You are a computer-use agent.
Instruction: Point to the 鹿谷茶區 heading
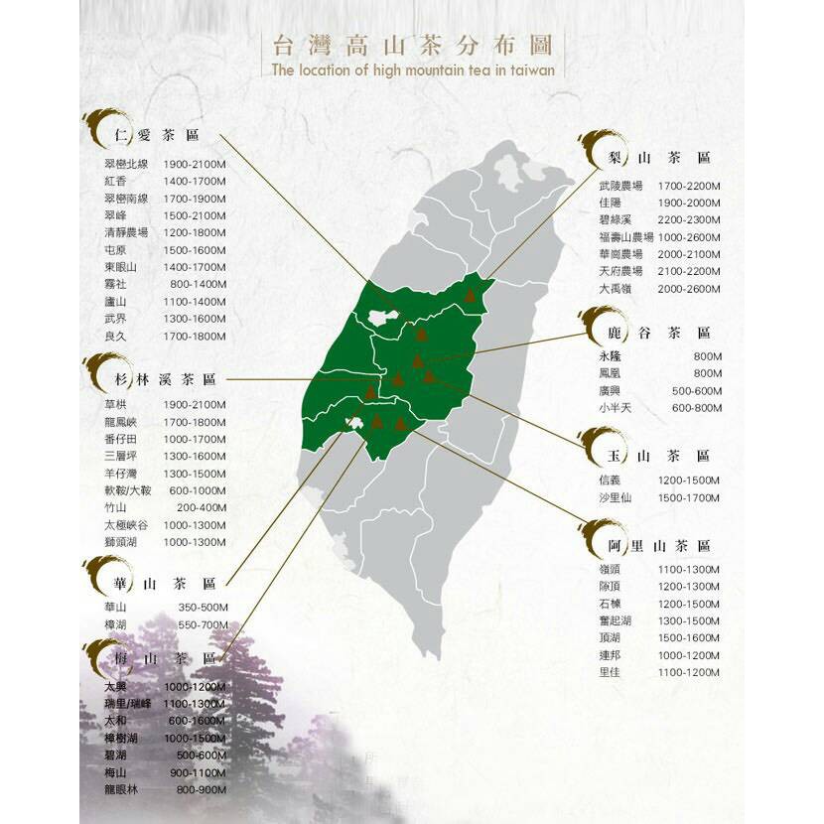point(659,333)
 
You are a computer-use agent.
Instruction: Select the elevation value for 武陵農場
point(688,186)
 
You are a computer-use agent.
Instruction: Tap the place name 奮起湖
point(616,620)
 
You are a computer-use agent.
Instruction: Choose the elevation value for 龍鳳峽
point(195,422)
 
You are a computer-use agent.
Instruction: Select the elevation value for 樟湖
point(203,624)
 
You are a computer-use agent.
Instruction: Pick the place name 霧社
point(114,284)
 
